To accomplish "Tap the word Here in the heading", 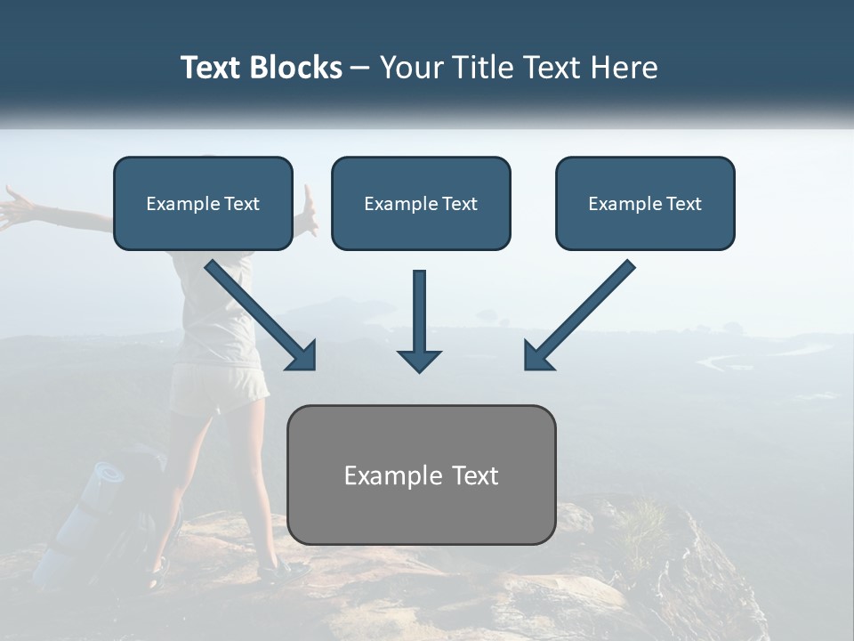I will (622, 68).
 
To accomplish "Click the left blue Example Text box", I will (203, 204).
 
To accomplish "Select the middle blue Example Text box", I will (421, 204).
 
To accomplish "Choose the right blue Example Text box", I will (645, 204).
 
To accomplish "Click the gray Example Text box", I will (421, 475).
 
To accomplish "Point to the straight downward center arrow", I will (419, 320).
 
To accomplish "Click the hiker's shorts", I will (218, 387).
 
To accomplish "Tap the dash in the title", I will (360, 68).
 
